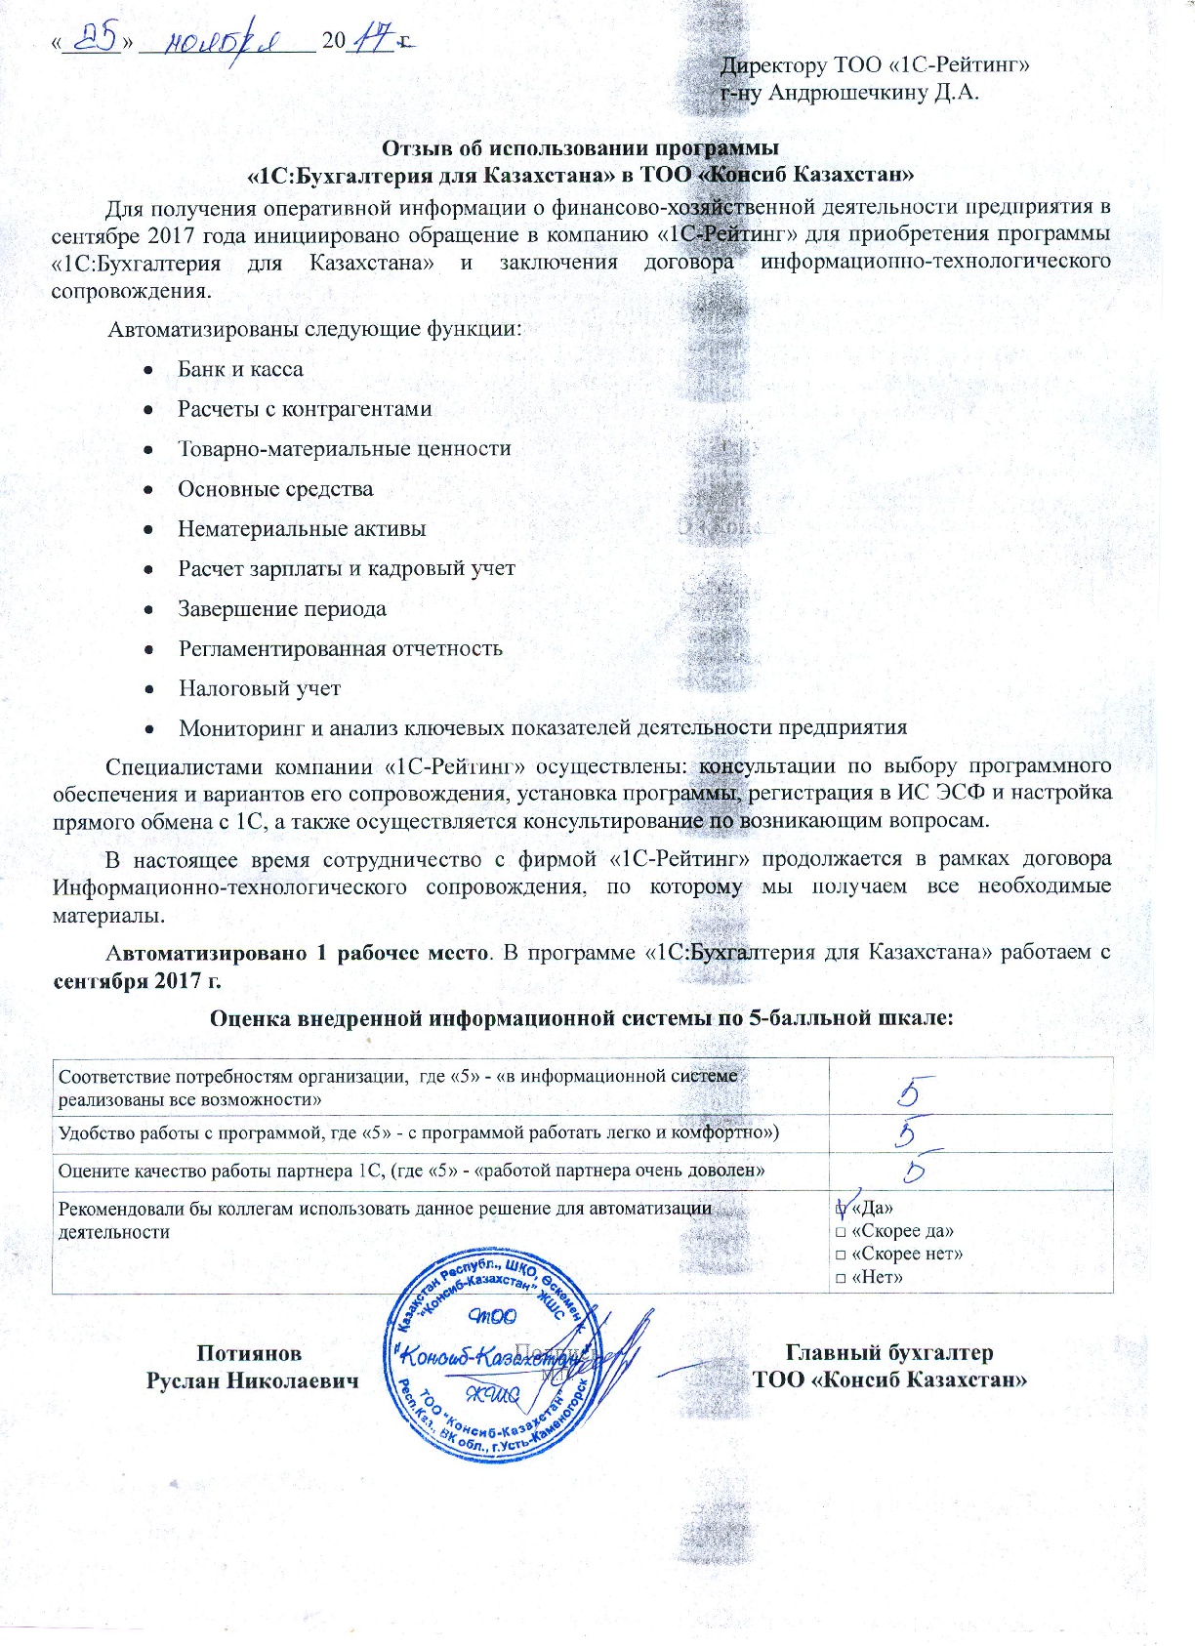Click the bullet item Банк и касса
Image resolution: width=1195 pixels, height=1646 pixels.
point(240,369)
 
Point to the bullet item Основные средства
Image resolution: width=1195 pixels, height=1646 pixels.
point(274,489)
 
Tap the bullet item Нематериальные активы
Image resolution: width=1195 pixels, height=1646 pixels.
point(302,529)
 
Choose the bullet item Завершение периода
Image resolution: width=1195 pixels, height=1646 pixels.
point(281,609)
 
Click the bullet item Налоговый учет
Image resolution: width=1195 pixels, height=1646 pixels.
point(259,688)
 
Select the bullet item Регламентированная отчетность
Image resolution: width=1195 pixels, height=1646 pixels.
point(340,649)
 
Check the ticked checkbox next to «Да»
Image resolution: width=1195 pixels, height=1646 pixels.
point(841,1207)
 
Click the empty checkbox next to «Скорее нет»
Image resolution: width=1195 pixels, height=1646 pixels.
point(840,1255)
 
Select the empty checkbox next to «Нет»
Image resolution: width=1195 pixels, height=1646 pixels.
point(840,1278)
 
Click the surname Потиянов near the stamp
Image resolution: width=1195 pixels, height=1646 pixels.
point(249,1353)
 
